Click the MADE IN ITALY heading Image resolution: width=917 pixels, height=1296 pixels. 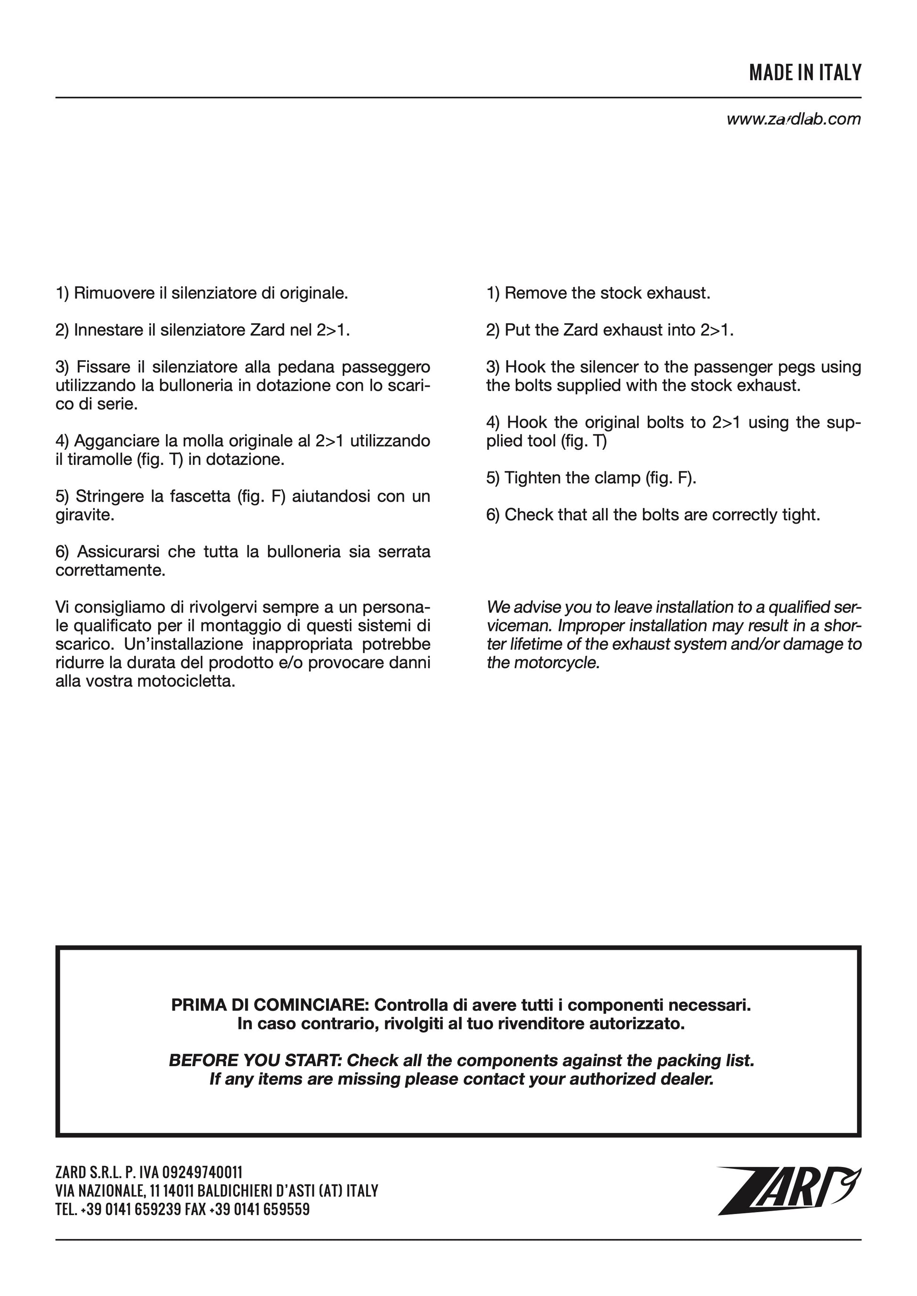805,73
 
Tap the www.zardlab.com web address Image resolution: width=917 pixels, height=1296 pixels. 794,119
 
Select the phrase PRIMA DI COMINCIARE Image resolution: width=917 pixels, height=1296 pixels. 270,1005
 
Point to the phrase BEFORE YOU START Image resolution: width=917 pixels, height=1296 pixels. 255,1060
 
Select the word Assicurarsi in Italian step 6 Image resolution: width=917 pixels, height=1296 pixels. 120,552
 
